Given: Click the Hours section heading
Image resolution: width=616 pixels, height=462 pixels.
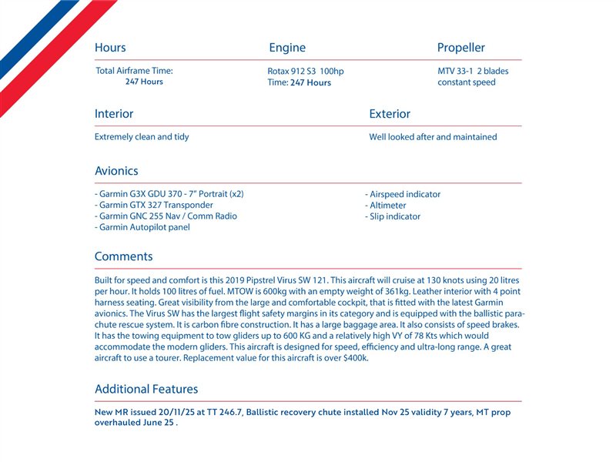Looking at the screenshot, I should [x=110, y=48].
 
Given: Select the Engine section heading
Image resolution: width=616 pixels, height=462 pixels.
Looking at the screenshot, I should [x=287, y=48].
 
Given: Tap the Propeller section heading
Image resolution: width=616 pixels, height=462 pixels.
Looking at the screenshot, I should [x=461, y=48].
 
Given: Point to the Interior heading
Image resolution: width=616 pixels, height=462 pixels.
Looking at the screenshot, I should [x=114, y=114].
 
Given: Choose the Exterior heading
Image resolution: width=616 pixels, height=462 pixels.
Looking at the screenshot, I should [x=390, y=114].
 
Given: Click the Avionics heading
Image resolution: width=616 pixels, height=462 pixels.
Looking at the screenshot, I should [x=116, y=171].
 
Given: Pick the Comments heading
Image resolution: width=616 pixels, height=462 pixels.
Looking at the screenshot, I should [x=123, y=256].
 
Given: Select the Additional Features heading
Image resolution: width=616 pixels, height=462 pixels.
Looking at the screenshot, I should [x=146, y=389].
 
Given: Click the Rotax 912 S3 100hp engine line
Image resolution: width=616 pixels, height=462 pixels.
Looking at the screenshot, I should [x=306, y=72].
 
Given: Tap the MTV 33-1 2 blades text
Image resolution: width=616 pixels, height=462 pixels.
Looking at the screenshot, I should [x=473, y=71].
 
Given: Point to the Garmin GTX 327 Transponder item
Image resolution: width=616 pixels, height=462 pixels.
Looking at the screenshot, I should [x=154, y=206].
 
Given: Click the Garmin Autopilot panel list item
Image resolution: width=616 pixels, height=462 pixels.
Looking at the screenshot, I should [x=142, y=228].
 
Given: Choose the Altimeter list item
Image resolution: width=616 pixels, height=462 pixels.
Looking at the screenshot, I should [x=386, y=206].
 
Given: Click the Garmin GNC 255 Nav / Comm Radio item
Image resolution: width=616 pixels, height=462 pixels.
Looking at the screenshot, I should [x=166, y=216].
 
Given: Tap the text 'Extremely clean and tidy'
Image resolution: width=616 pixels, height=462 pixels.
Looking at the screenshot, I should [x=142, y=137].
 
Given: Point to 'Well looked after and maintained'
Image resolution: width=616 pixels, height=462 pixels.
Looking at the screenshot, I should [x=433, y=137].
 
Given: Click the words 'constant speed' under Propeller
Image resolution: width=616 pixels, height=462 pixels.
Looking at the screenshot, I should [x=467, y=82].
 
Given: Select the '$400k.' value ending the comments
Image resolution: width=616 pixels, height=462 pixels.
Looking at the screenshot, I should [x=357, y=358].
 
